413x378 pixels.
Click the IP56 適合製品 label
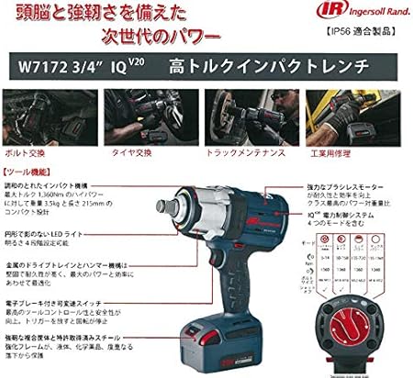(x=366, y=40)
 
